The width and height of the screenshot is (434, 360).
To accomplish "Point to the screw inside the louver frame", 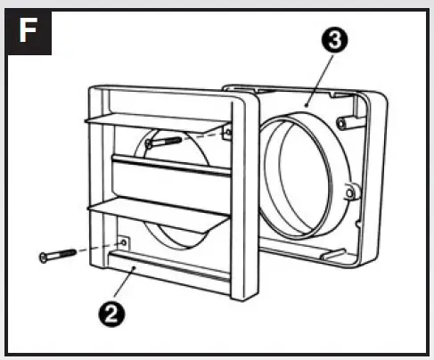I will tap(165, 139).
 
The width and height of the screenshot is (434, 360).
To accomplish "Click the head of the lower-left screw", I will tap(45, 258).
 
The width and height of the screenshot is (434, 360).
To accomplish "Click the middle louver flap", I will tap(169, 176).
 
